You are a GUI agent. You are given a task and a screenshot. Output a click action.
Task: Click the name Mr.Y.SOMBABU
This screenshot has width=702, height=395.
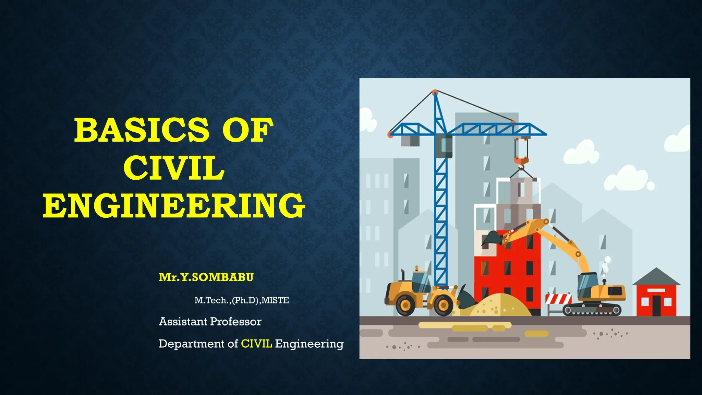tap(206, 277)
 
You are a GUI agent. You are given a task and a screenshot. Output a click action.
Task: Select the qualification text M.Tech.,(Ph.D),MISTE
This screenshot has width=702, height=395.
tap(241, 300)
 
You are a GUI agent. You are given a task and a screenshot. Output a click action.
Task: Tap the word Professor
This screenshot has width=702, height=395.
tap(236, 322)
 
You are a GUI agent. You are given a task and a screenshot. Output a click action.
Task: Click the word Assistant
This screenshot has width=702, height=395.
tap(183, 322)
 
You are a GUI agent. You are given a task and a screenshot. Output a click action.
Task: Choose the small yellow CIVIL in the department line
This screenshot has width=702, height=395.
tap(256, 344)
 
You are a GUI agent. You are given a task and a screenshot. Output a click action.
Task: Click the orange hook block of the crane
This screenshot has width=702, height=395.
tap(521, 160)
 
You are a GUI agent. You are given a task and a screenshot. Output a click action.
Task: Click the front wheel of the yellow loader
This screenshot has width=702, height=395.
tap(444, 304)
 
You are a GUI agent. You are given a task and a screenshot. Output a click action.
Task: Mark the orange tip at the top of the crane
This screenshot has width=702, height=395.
tap(435, 92)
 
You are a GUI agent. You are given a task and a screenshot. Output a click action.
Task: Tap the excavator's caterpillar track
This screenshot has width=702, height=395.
tap(592, 310)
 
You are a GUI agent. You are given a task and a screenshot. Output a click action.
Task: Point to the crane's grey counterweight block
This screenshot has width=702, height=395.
tap(410, 141)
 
